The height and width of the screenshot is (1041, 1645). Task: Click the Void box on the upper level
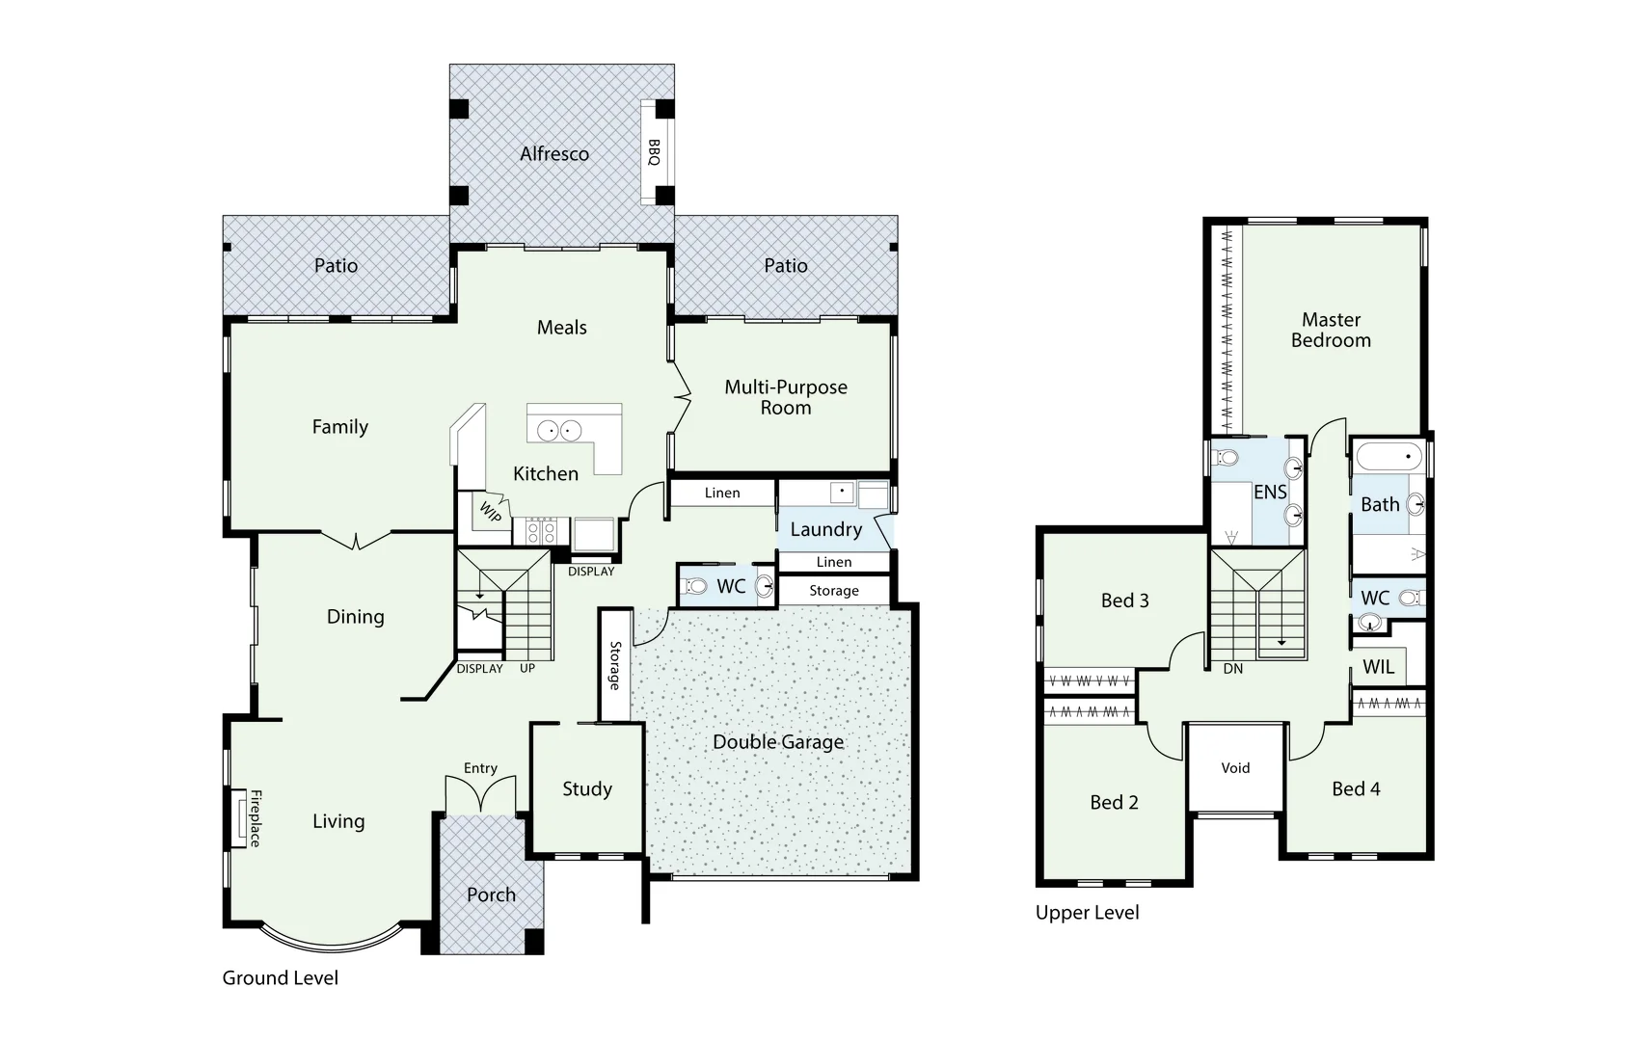pyautogui.click(x=1235, y=768)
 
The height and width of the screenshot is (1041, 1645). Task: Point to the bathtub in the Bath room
pyautogui.click(x=1388, y=456)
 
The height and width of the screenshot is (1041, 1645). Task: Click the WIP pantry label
pyautogui.click(x=490, y=512)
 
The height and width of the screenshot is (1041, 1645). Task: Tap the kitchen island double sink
pyautogui.click(x=559, y=430)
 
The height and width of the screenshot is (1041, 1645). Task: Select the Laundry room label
pyautogui.click(x=825, y=529)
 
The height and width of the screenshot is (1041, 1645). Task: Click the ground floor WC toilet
pyautogui.click(x=694, y=586)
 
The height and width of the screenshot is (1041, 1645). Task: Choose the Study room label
pyautogui.click(x=587, y=788)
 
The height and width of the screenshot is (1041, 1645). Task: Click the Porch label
pyautogui.click(x=491, y=894)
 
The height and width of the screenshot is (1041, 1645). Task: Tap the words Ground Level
pyautogui.click(x=280, y=977)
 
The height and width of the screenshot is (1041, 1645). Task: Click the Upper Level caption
pyautogui.click(x=1087, y=912)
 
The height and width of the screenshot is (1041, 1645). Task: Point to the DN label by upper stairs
pyautogui.click(x=1232, y=668)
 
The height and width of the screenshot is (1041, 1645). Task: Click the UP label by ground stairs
pyautogui.click(x=527, y=668)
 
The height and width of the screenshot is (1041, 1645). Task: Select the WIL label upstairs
pyautogui.click(x=1378, y=666)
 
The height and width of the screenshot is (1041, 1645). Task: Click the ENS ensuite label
pyautogui.click(x=1270, y=492)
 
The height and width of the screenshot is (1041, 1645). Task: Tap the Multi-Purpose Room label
pyautogui.click(x=786, y=397)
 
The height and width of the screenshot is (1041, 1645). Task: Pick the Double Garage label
pyautogui.click(x=778, y=741)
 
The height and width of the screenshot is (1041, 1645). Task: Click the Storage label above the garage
pyautogui.click(x=833, y=591)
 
